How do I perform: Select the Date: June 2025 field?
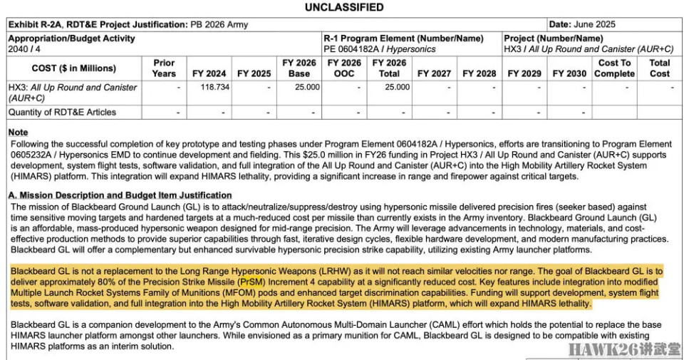pos(582,24)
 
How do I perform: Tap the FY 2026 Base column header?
pos(299,68)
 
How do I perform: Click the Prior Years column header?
pos(164,68)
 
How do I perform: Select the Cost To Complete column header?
pos(614,68)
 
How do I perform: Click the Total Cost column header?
pos(659,68)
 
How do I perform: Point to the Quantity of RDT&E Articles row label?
pos(62,112)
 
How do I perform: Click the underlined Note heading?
pos(18,133)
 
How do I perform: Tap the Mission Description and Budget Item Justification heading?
pos(120,195)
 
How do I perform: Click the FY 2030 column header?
pos(569,73)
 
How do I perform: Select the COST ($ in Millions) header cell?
pos(74,68)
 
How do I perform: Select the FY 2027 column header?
pos(434,73)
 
